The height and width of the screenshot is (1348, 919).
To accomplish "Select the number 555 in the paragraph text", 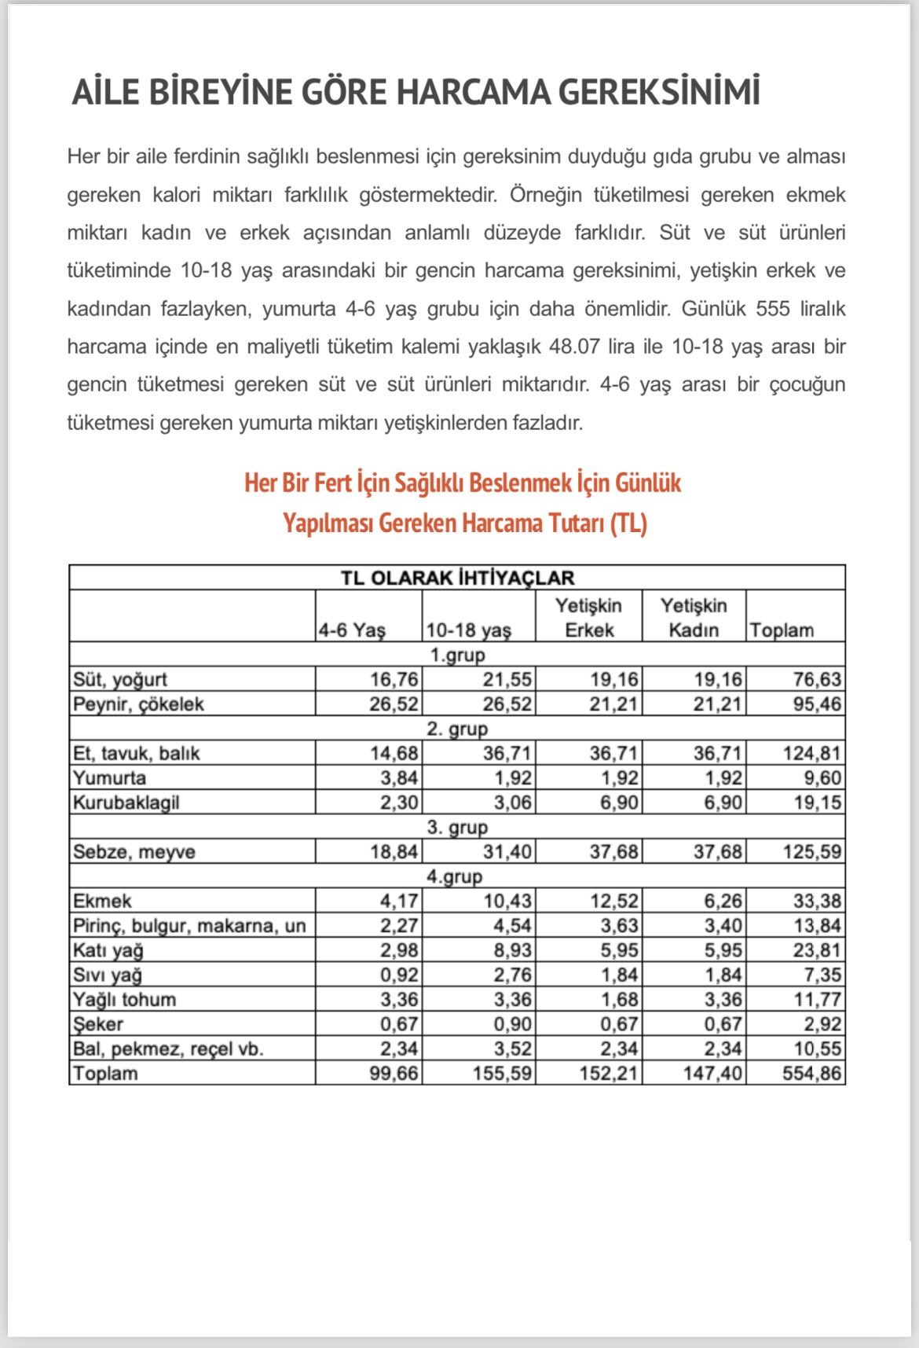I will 773,309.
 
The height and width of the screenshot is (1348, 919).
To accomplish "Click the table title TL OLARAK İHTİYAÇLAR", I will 457,578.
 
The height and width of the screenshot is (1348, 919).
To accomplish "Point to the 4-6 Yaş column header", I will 352,630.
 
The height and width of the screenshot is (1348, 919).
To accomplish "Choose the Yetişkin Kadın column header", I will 694,618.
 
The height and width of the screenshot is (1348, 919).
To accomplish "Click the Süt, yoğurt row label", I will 120,679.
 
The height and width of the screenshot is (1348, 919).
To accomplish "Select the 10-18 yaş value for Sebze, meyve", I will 507,852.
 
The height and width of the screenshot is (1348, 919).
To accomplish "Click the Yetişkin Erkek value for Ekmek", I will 614,901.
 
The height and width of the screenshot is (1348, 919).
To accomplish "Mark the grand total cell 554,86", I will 811,1074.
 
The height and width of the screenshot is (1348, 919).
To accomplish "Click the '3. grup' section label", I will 457,827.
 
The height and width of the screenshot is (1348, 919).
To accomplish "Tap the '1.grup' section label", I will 457,655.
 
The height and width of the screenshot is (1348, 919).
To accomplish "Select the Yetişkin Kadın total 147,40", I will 712,1074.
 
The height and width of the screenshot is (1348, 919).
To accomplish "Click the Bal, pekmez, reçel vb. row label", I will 168,1049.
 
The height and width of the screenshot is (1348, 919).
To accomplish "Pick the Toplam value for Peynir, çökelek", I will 817,704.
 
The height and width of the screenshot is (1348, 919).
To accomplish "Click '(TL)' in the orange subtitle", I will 628,523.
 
